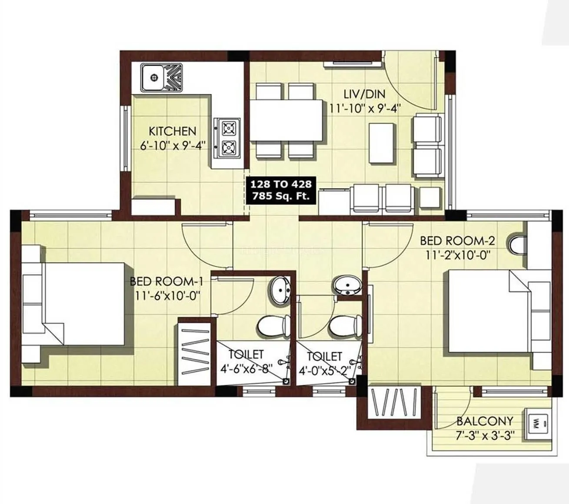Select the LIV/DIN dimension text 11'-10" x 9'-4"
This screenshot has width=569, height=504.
pos(364,108)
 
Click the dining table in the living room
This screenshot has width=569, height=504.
pos(286,120)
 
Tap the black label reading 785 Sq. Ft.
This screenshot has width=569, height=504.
pos(280,196)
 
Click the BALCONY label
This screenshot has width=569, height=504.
pos(484,421)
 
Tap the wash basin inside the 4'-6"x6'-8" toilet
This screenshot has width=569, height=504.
pos(280,289)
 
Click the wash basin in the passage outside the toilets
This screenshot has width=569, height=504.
pos(347,285)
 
